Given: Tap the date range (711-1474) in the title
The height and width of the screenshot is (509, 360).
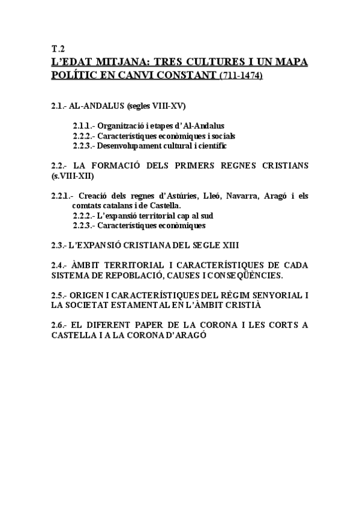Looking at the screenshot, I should click(x=241, y=76).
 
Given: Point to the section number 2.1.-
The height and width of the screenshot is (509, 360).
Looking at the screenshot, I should click(x=60, y=106).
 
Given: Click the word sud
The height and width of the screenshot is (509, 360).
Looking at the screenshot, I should click(x=207, y=215).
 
